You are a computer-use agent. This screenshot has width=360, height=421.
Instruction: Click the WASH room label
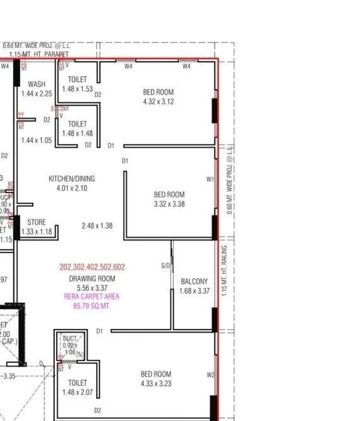pos(36,84)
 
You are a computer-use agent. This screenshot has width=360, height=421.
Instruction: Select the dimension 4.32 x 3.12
pos(159,101)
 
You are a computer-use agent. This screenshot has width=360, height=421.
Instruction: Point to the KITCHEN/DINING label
pos(71,179)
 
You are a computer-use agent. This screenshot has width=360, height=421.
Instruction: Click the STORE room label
pos(36,222)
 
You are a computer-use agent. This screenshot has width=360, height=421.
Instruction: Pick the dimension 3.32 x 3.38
pos(169,204)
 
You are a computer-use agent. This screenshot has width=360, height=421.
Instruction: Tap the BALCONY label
pos(194,282)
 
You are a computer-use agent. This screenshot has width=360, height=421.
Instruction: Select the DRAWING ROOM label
pos(92,278)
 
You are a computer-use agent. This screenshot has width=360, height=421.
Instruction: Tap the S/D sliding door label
pos(165,266)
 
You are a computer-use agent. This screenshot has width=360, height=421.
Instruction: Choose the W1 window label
pos(210,179)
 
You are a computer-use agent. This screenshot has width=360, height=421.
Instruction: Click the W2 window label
pos(210,376)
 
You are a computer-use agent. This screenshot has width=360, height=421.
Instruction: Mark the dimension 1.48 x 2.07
pos(78,392)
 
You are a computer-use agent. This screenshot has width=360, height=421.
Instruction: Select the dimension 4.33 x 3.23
pos(156,383)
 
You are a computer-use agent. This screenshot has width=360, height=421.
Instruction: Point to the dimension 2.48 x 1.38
pos(97,225)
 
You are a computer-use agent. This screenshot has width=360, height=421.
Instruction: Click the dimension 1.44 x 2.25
pos(36,93)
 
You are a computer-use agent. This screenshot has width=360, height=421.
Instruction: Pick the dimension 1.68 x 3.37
pos(194,291)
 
